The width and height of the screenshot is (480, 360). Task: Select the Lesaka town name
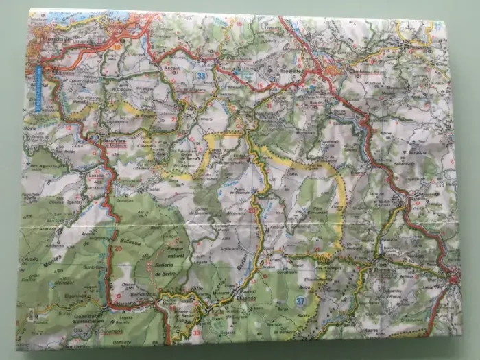click(x=95, y=175)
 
